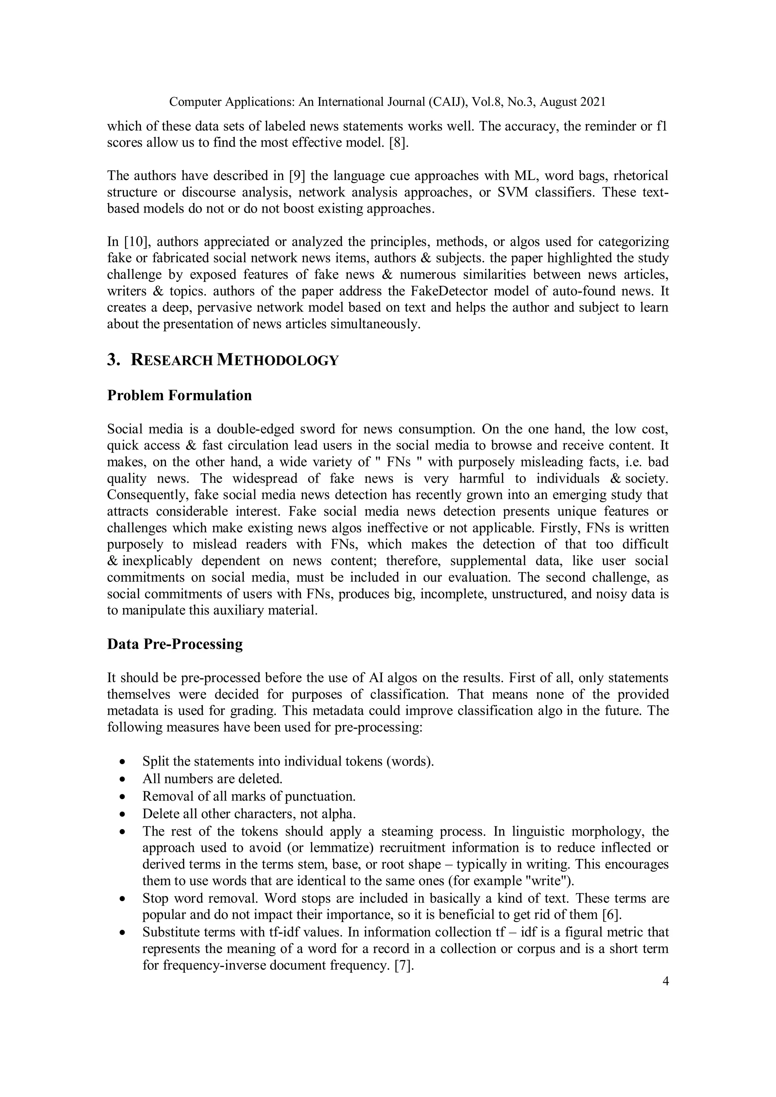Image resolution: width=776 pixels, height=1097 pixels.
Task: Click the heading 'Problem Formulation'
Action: click(179, 396)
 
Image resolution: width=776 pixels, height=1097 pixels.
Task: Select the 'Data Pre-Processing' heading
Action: click(175, 644)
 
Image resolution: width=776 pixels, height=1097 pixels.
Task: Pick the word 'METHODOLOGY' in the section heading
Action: click(278, 360)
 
